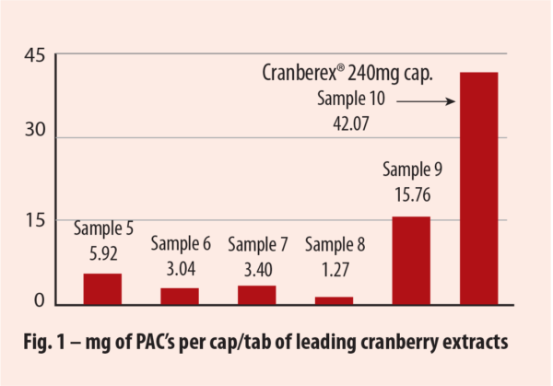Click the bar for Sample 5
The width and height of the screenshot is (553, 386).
click(x=102, y=288)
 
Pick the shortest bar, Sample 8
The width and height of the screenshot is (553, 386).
click(x=334, y=299)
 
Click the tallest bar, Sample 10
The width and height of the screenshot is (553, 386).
click(x=479, y=188)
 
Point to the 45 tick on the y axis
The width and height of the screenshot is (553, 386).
click(x=34, y=55)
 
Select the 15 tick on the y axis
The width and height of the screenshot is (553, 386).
click(x=34, y=220)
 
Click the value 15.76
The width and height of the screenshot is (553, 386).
click(x=412, y=194)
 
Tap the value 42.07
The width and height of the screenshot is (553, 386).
click(x=355, y=122)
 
